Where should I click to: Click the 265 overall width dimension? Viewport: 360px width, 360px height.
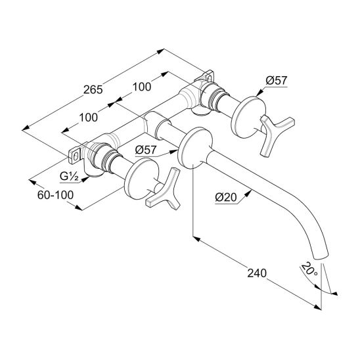(93, 89)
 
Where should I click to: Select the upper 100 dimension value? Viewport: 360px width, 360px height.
(142, 87)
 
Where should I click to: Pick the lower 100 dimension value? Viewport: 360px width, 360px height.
(89, 118)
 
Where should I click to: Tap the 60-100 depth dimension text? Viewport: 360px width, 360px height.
(55, 195)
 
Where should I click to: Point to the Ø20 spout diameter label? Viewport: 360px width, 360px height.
(226, 197)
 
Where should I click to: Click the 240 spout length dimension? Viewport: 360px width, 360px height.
(257, 273)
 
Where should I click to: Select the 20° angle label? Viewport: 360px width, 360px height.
(309, 269)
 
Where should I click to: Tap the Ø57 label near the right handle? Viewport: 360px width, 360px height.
(277, 81)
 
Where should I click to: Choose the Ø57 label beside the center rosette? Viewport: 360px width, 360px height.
(146, 150)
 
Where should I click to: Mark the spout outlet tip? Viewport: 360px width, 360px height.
(321, 257)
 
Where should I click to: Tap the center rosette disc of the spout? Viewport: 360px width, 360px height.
(195, 148)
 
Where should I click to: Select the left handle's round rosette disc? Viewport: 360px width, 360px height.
(141, 179)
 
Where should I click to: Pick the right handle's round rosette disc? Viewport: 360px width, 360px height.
(248, 118)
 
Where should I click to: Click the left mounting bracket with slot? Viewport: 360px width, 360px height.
(75, 156)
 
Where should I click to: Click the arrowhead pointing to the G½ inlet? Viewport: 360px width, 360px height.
(85, 179)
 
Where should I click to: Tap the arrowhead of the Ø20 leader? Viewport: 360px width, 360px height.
(248, 194)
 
